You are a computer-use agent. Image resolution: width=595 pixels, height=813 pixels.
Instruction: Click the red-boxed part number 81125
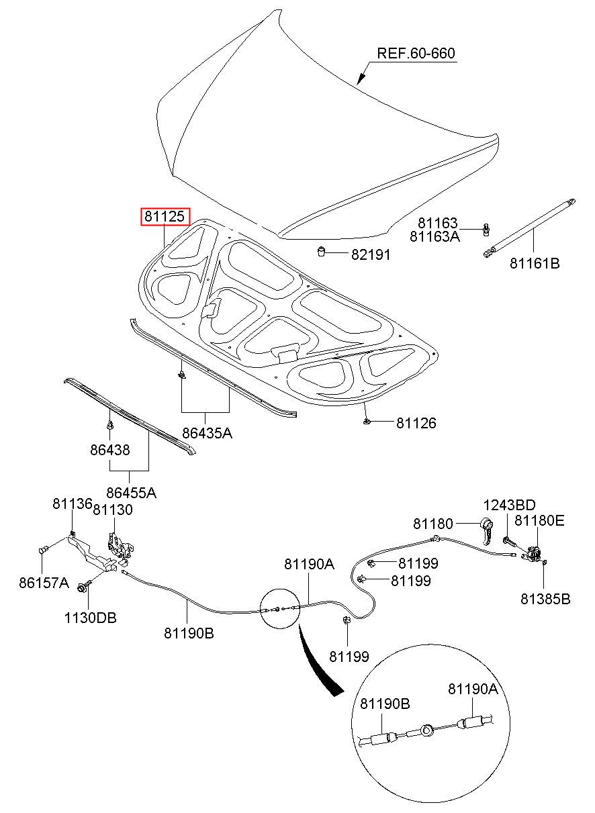[165, 217]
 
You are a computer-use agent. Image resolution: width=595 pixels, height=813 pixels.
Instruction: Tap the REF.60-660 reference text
[416, 53]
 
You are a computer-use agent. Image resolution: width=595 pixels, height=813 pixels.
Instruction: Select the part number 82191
[371, 255]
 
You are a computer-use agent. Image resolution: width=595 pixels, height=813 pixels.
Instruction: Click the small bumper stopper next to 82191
[321, 251]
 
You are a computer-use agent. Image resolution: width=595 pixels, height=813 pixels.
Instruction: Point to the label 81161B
[535, 263]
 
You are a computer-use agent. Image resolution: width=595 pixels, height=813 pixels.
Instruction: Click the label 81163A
[434, 236]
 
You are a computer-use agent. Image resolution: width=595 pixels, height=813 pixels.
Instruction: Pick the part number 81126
[416, 423]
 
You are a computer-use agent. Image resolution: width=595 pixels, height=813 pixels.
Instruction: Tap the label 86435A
[207, 433]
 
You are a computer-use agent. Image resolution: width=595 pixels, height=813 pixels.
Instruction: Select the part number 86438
[109, 450]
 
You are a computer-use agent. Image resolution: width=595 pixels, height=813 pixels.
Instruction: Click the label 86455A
[131, 493]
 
